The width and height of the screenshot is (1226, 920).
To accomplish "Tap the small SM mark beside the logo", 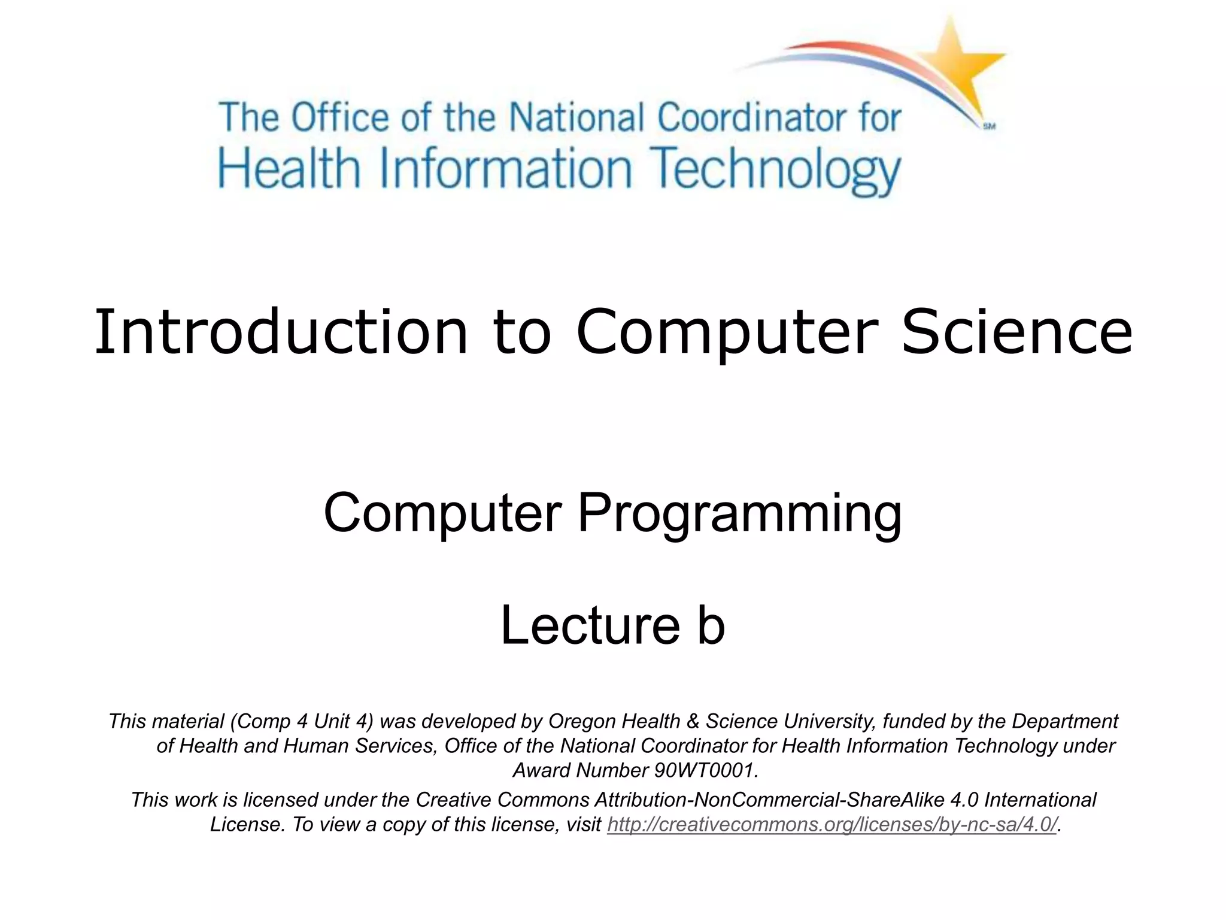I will (989, 126).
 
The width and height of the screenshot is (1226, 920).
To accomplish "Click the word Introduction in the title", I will (281, 332).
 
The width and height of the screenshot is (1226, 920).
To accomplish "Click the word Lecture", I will (590, 626).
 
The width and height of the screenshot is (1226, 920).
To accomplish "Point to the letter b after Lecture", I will (711, 626).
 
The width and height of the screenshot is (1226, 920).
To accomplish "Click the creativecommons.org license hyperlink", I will (832, 825).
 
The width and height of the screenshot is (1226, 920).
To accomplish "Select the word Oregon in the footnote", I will (582, 722).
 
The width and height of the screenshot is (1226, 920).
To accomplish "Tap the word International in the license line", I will (1040, 800).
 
